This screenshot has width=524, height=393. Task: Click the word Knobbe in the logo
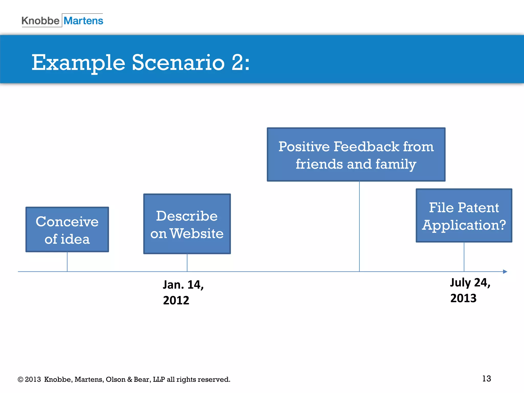[x=40, y=21]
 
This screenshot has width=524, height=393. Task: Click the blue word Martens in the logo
[x=83, y=21]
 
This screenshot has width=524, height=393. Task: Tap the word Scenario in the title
[x=178, y=63]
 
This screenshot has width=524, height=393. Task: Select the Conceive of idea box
[x=67, y=230]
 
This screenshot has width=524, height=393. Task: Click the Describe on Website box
[x=187, y=224]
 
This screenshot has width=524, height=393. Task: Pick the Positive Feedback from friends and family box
[x=356, y=155]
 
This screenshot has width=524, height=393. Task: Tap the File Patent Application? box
[x=464, y=215]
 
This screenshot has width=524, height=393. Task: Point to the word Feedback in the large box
[x=366, y=147]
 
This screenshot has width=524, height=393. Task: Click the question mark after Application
[x=502, y=225]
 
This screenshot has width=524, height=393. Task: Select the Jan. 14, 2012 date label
[x=183, y=292]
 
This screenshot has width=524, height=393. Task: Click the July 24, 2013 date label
[x=470, y=290]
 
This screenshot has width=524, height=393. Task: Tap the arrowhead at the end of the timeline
[x=505, y=271]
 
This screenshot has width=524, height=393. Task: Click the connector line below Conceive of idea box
[x=67, y=262]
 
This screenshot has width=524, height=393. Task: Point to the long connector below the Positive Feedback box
[x=359, y=226]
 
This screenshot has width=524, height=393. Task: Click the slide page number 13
[x=486, y=378]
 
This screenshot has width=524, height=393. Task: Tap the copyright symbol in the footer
[x=20, y=379]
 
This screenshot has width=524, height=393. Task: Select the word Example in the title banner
[x=78, y=63]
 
